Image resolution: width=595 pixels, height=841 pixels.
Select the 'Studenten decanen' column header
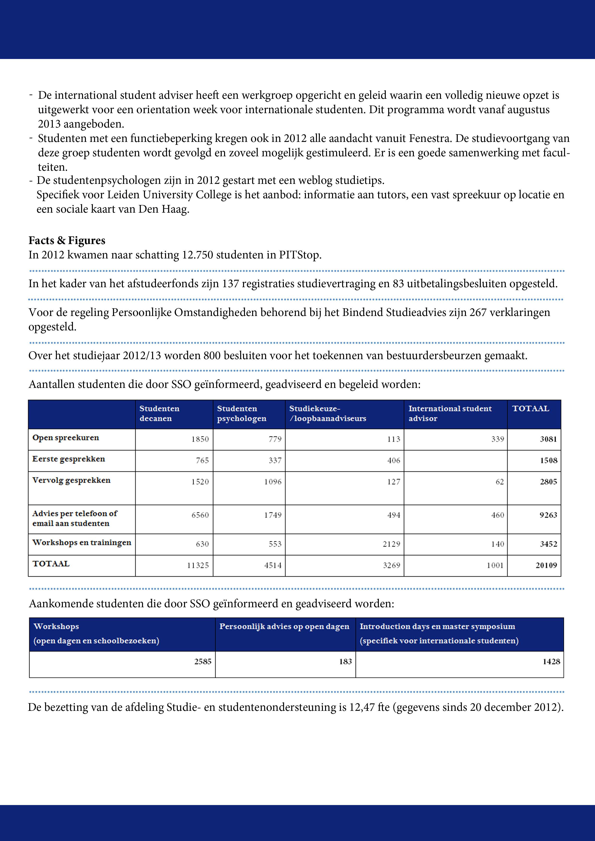click(x=160, y=414)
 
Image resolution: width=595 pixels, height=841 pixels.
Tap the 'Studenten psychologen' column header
click(x=242, y=414)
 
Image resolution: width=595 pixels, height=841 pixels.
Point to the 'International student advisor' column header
click(x=450, y=414)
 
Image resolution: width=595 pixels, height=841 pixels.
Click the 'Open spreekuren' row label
click(x=66, y=438)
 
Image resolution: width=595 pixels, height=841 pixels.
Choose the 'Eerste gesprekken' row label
click(x=69, y=459)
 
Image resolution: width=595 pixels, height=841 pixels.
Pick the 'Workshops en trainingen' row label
click(x=81, y=543)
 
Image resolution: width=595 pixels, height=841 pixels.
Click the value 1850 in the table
click(x=200, y=439)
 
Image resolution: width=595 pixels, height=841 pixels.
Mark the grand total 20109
click(x=546, y=566)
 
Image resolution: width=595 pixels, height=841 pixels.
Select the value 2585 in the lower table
click(x=203, y=661)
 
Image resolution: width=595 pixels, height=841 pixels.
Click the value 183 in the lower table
click(x=345, y=661)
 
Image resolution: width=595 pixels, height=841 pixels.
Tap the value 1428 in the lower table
click(x=551, y=661)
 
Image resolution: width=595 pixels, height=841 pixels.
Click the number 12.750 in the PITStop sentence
click(x=198, y=255)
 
